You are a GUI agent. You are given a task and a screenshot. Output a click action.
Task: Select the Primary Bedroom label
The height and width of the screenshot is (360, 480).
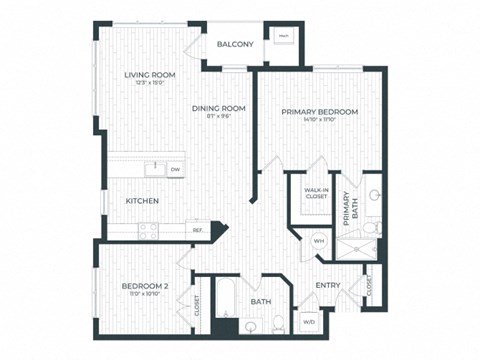coord(319,111)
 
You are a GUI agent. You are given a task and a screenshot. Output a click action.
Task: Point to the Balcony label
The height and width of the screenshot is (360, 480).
coord(236,45)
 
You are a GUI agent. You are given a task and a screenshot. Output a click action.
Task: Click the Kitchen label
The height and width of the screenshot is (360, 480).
coord(142,201)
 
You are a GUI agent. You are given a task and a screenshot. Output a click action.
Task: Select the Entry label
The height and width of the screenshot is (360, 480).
coord(328,286)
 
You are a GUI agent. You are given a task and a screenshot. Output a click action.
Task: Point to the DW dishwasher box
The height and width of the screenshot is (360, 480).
coord(176,169)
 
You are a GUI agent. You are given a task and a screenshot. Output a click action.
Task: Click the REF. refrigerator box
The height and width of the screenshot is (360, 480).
coord(198,230)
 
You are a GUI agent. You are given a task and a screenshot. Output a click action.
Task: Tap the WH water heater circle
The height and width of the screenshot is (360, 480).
coord(319,241)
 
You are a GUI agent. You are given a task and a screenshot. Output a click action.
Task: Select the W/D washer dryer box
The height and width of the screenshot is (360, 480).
coord(308,322)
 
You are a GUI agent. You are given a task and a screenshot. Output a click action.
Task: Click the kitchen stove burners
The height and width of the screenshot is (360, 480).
coord(148,230)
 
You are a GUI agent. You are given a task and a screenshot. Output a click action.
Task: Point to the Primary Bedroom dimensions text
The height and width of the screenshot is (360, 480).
coord(319,120)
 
